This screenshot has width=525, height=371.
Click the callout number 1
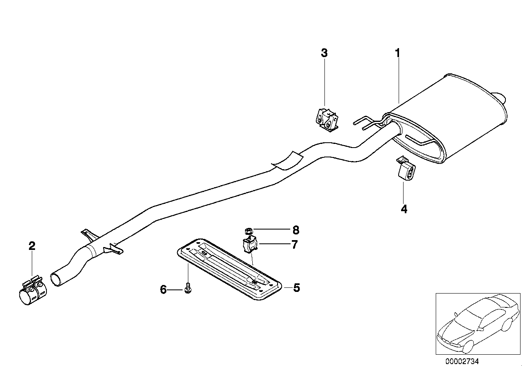(397, 53)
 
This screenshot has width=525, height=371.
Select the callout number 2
(32, 246)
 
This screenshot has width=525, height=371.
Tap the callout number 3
(324, 53)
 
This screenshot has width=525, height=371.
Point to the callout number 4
(404, 209)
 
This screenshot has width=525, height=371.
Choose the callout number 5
(296, 288)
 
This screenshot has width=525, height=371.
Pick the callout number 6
(163, 290)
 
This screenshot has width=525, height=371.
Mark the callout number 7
(294, 245)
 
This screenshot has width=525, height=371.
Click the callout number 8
(296, 230)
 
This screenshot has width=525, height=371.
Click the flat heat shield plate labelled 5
(228, 269)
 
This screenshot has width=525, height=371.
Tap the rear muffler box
(452, 118)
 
